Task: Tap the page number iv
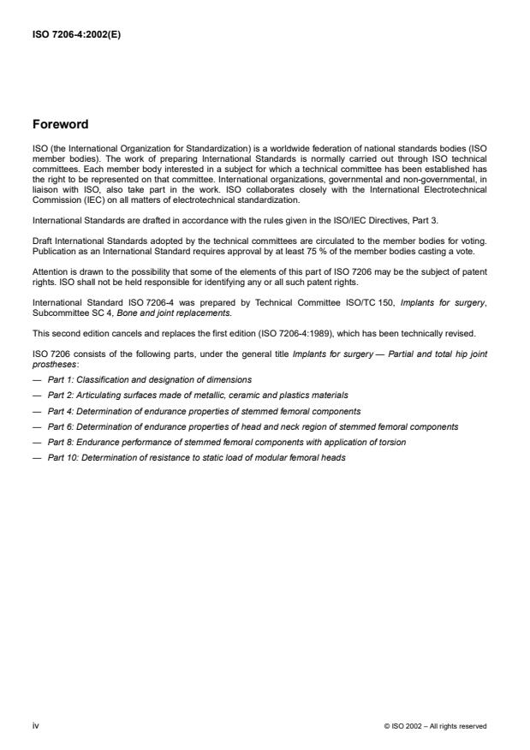(35, 725)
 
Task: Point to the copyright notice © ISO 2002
(436, 726)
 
